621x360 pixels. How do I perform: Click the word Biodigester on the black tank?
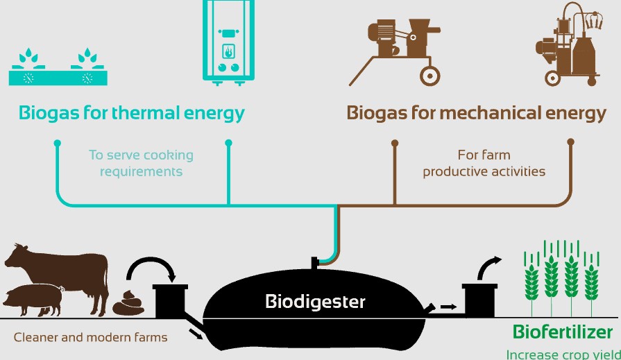click(315, 302)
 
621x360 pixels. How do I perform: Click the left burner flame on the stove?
click(28, 56)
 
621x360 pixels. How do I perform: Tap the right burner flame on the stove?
click(88, 56)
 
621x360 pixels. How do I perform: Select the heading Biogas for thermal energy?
click(132, 112)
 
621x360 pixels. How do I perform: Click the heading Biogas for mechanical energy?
click(476, 112)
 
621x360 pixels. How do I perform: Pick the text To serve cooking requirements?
click(141, 163)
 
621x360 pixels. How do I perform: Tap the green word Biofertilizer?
click(563, 331)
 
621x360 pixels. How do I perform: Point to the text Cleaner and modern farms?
click(90, 338)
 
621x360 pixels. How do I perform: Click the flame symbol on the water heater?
click(228, 51)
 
